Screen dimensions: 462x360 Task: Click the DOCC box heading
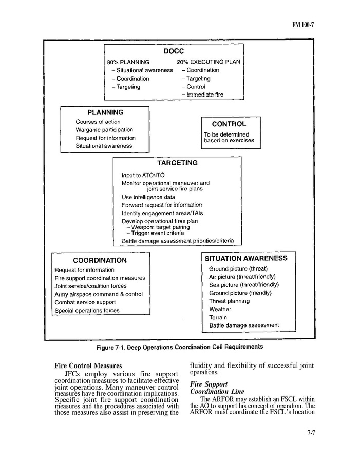174,52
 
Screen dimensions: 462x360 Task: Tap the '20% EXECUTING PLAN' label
208,62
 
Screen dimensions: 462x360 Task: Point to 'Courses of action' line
98,122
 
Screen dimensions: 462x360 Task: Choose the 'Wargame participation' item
104,130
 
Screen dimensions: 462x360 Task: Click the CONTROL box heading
229,124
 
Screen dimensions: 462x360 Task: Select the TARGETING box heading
177,163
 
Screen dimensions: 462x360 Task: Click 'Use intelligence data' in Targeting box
148,197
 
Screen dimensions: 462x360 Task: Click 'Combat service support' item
85,302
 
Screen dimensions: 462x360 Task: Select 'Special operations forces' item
87,311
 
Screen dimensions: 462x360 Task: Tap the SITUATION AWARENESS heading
246,259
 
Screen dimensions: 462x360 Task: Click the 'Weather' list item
220,310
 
